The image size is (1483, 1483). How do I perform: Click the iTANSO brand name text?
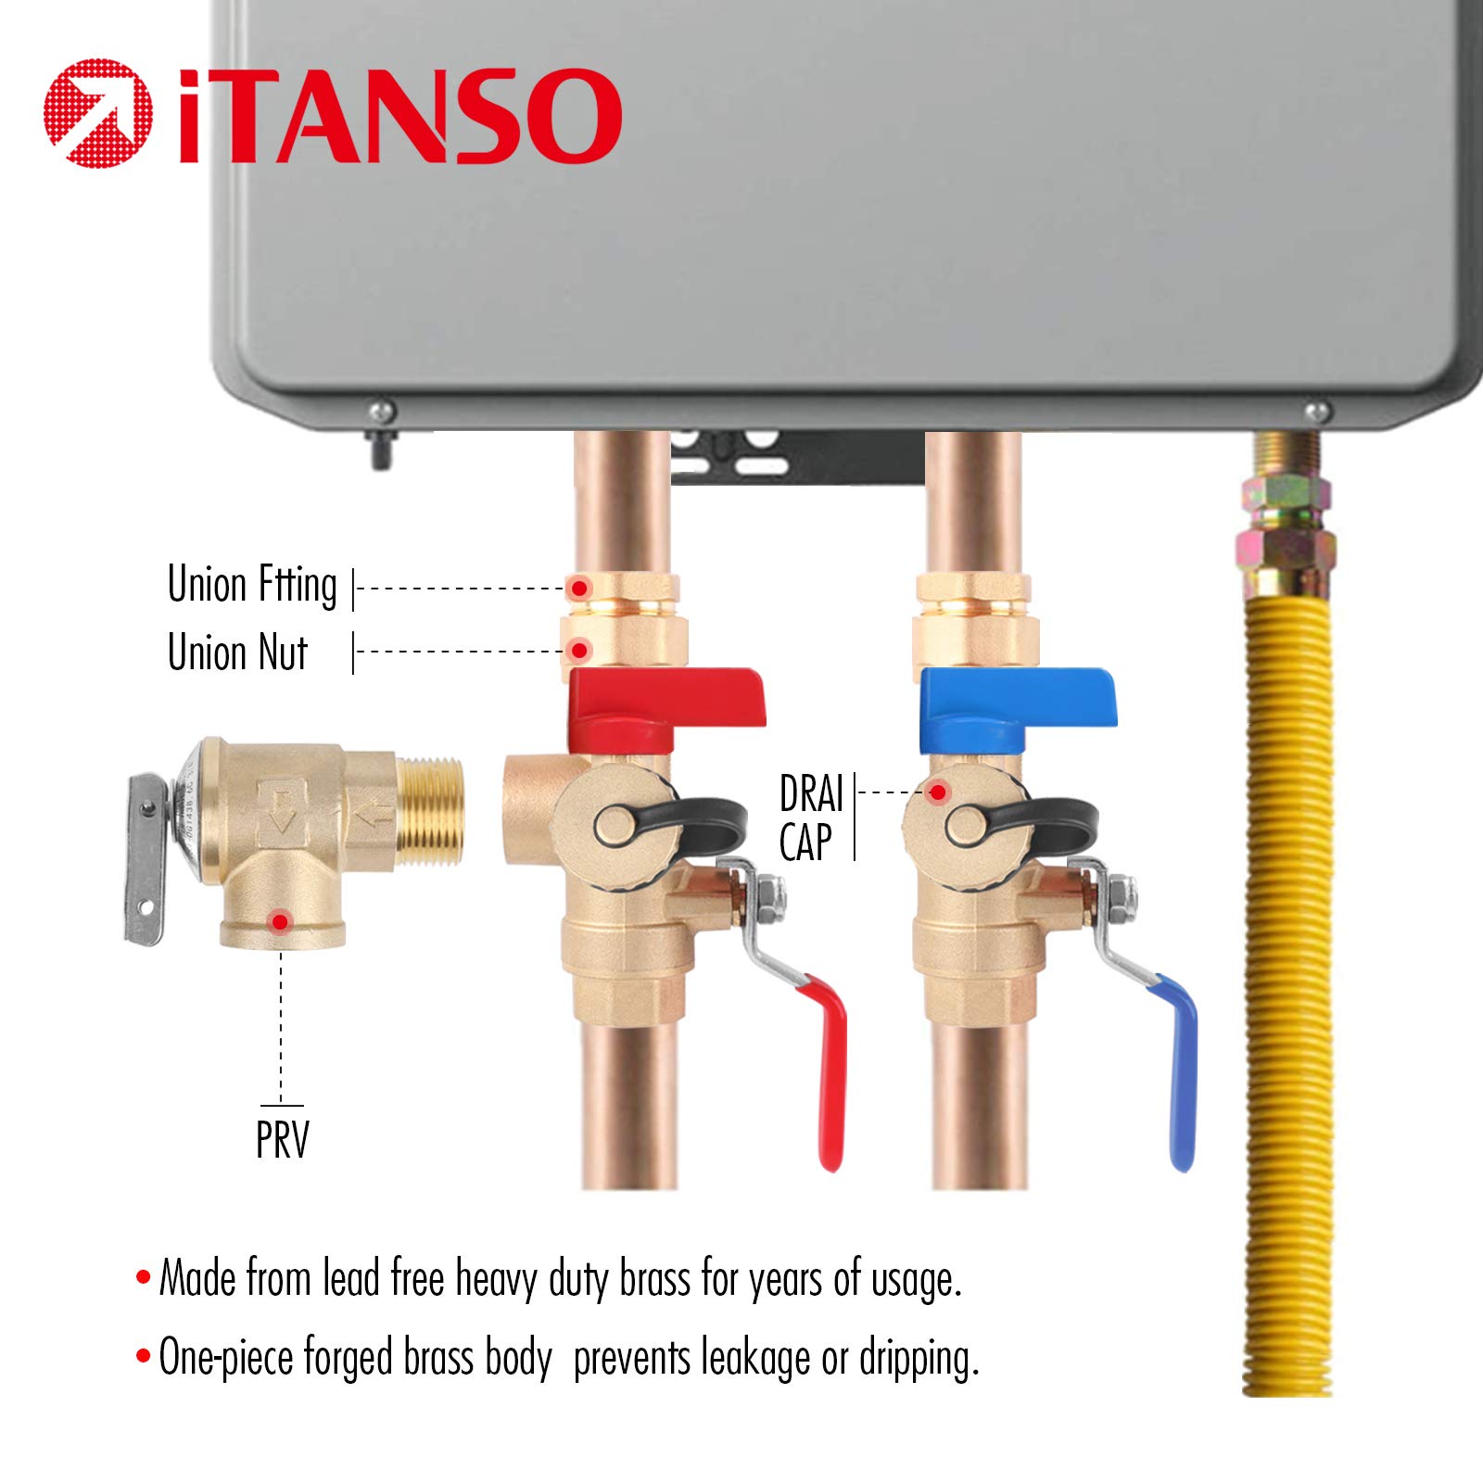coord(399,115)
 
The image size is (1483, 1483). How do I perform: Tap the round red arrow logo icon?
coord(98,113)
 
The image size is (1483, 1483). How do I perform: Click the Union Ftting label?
coord(252,586)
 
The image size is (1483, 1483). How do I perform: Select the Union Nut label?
coord(237,652)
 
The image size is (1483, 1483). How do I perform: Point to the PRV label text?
coord(283,1140)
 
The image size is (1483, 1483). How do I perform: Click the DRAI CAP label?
coord(811,818)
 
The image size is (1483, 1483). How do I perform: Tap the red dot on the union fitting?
coord(579,588)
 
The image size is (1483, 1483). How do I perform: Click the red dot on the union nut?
coord(579,651)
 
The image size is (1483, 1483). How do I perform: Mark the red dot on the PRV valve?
coord(280,921)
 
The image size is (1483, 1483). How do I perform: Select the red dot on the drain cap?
coord(938,792)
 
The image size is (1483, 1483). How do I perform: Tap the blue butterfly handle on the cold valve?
coord(1018,709)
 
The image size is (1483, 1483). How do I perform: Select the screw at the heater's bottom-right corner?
coord(1316,411)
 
